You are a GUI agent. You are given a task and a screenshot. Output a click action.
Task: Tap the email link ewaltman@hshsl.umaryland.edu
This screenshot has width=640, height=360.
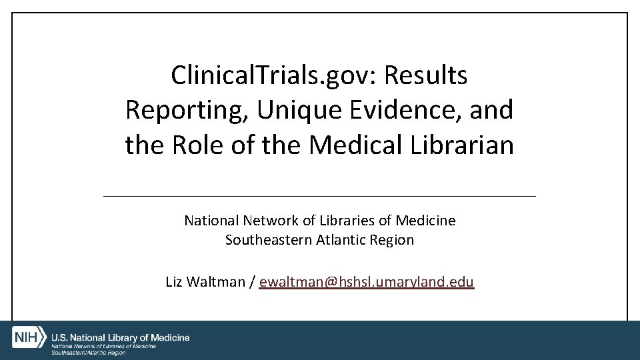click(x=367, y=282)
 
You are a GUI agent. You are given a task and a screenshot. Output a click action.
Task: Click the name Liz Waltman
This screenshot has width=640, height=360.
click(x=205, y=282)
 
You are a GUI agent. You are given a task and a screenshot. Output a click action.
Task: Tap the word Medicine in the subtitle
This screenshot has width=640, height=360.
click(x=426, y=220)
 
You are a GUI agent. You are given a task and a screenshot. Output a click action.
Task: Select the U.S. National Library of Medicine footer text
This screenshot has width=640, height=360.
click(x=121, y=338)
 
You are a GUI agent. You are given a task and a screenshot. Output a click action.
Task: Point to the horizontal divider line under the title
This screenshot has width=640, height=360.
click(x=320, y=196)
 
